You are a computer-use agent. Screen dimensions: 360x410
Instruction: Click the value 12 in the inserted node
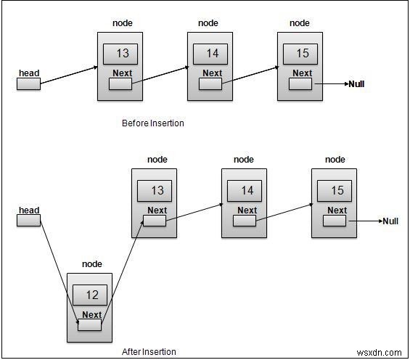(x=91, y=295)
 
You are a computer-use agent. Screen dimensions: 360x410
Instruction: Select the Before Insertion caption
(x=152, y=123)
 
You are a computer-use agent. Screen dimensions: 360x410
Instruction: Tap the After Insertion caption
(x=149, y=352)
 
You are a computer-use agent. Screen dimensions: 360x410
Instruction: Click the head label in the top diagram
(x=28, y=73)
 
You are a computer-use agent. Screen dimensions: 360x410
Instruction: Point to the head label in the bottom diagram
(x=28, y=210)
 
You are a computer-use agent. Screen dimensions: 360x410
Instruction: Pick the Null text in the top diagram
(x=356, y=84)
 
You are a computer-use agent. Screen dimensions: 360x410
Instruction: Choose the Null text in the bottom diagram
(x=390, y=221)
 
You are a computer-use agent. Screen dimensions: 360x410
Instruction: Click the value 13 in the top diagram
(x=122, y=53)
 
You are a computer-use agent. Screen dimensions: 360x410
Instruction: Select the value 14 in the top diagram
(x=212, y=53)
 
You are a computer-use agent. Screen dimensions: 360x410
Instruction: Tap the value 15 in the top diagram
(x=302, y=53)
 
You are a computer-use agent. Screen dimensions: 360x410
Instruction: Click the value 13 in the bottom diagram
(x=156, y=190)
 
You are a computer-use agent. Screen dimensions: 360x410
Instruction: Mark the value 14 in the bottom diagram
(x=247, y=190)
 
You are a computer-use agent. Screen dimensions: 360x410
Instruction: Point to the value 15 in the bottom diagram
(x=337, y=190)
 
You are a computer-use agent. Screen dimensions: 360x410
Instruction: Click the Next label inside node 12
(x=92, y=314)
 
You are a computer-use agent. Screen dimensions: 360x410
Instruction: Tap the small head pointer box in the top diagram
(x=28, y=84)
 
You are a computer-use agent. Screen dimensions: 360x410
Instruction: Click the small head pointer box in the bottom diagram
(x=28, y=221)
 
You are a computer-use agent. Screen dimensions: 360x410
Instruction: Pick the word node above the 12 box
(x=92, y=264)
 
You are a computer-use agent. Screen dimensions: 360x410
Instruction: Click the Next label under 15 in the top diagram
(x=302, y=73)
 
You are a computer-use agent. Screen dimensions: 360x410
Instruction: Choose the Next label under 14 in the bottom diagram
(x=247, y=210)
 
